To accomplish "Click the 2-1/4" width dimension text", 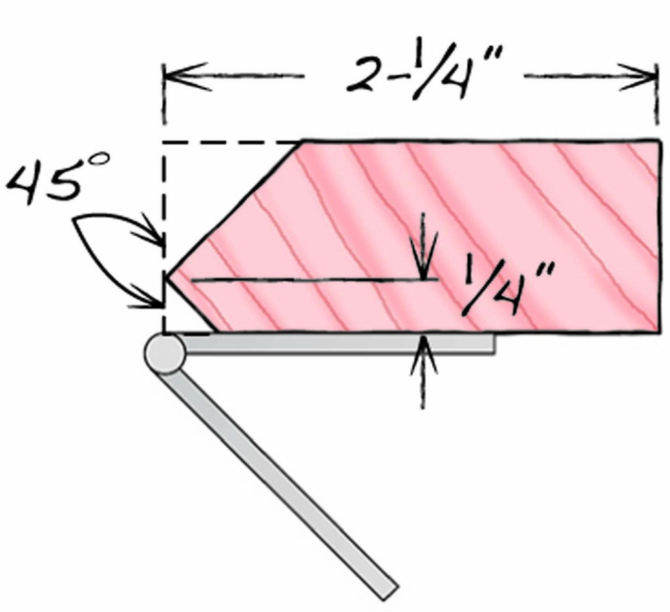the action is coord(425,72).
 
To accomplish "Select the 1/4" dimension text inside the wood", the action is coord(508,289).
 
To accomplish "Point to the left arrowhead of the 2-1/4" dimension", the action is coord(186,77).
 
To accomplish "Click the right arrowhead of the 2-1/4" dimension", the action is coord(637,77).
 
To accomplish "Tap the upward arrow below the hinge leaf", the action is coord(423,372).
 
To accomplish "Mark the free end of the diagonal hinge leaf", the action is coord(391,593).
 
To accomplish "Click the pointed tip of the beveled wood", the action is coord(167,278).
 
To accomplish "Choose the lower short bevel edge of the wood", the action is coord(191,305).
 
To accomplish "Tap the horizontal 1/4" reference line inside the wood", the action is coord(315,280).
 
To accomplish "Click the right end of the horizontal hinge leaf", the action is coord(495,344).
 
